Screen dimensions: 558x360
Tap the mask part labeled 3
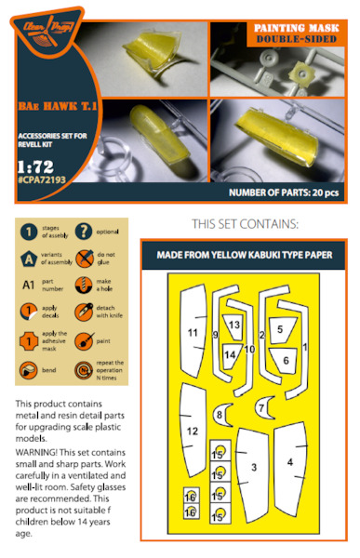coord(253,467)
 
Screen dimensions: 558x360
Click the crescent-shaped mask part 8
coord(220,414)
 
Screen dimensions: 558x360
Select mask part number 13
coord(234,325)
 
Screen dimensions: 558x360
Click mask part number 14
coord(230,354)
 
